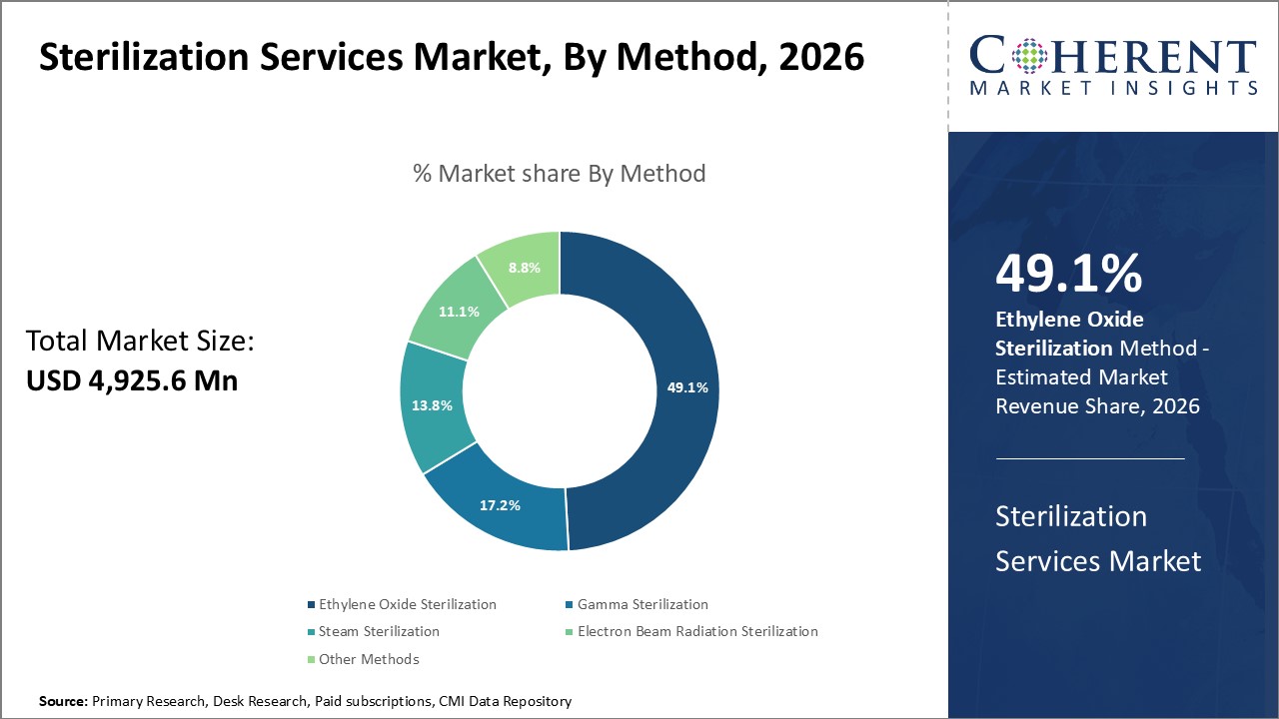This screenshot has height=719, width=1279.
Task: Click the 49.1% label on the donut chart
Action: pos(688,387)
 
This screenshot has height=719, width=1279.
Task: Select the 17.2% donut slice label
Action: pos(500,505)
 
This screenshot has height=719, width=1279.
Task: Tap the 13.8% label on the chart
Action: pos(432,405)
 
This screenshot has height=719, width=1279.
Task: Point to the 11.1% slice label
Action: pos(459,312)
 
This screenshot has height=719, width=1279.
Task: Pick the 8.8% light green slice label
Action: pos(525,268)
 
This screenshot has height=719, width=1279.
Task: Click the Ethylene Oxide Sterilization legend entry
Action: pos(407,604)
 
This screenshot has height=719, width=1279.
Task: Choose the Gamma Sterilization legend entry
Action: pos(642,604)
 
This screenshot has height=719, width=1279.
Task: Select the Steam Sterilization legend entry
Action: pos(379,631)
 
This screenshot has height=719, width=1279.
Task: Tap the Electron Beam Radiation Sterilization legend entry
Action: pos(697,631)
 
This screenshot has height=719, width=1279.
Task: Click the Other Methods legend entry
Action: pos(369,659)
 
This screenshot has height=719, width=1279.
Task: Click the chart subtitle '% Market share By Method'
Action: pos(560,174)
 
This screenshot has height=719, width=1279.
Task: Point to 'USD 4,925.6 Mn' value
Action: pos(132,380)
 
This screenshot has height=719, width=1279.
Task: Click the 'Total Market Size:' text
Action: pos(141,342)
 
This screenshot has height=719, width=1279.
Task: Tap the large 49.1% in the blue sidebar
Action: pos(1068,274)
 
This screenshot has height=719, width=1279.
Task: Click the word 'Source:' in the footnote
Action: pos(64,702)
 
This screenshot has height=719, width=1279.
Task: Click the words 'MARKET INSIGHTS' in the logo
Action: pos(1112,88)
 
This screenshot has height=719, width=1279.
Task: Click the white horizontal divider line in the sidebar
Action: pos(1090,458)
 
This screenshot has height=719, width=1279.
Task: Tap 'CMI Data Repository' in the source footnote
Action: pos(505,702)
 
